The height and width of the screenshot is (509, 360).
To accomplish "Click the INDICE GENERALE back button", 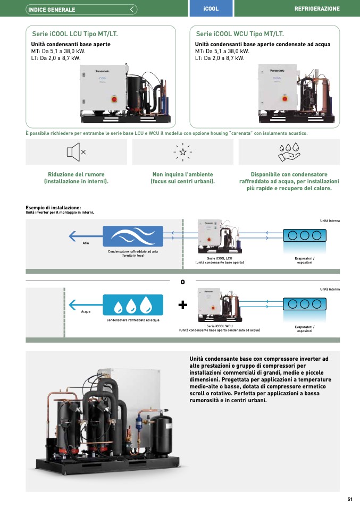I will tap(82, 9).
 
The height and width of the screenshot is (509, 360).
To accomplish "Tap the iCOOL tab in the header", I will tap(211, 9).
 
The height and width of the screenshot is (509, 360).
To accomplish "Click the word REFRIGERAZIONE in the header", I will tap(317, 9).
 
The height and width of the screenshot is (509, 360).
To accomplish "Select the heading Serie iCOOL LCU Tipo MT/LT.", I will tap(76, 33).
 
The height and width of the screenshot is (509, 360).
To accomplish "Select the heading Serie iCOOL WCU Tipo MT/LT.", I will tap(240, 33).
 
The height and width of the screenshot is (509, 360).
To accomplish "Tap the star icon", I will tap(182, 152).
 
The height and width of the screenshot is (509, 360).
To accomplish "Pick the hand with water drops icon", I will tap(289, 152).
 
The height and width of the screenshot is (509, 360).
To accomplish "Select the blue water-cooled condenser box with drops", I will tap(133, 304).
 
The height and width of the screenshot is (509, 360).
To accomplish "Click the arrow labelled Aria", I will tap(85, 236).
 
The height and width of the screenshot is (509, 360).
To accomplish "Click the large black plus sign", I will tap(183, 304).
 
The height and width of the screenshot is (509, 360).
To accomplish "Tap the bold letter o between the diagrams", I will tap(182, 282).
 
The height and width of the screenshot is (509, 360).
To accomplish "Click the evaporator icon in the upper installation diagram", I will tap(304, 235).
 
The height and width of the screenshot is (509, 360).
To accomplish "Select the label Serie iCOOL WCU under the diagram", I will tap(220, 326).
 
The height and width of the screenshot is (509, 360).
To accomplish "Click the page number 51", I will tap(350, 499).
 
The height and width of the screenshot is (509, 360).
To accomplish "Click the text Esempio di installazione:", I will tap(53, 208).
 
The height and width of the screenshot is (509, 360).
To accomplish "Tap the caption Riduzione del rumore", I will tap(76, 174).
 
